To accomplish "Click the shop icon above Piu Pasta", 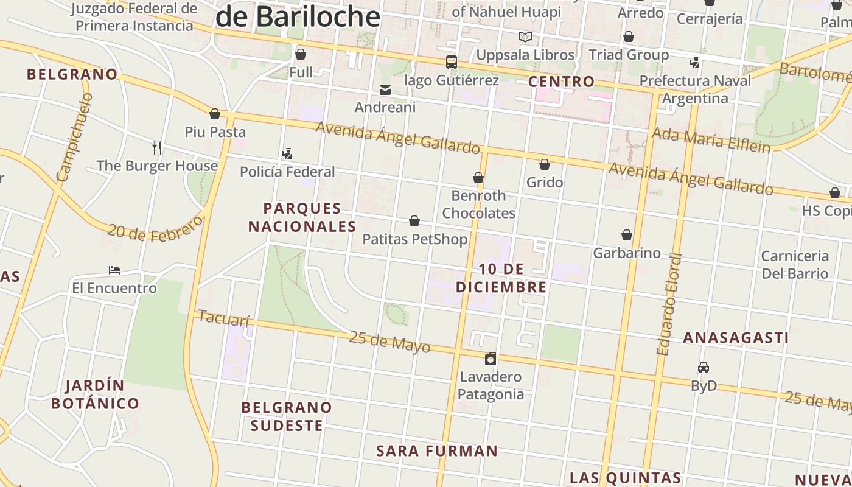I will click(214, 114).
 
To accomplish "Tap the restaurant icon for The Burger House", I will click(157, 147).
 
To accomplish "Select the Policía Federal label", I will click(287, 172).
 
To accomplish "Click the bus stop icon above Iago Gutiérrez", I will click(451, 62).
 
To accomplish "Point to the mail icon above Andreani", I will click(385, 90).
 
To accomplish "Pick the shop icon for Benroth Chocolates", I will click(478, 178).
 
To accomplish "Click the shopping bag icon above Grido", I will click(545, 164).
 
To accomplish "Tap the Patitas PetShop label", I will click(414, 239).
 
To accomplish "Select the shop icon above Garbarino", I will click(626, 235).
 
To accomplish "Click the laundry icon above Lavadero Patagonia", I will click(491, 359).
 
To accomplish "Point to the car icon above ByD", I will click(704, 368).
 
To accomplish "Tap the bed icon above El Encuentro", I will click(114, 270).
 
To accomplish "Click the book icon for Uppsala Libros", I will click(525, 37).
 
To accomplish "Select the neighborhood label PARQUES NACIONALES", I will click(302, 217).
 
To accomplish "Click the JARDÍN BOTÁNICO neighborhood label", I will click(95, 394).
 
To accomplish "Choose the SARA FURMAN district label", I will click(437, 451).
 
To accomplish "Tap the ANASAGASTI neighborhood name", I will click(735, 337).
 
